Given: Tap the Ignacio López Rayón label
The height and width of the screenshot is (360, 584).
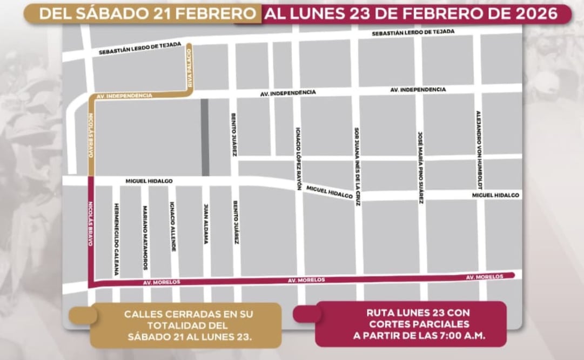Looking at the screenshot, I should click(x=298, y=158).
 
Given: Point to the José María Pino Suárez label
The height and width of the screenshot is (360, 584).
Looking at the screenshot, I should click(x=420, y=167).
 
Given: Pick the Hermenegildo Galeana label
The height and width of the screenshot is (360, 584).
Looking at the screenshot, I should click(x=116, y=239).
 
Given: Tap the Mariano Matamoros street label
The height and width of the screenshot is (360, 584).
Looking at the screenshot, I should click(x=145, y=238).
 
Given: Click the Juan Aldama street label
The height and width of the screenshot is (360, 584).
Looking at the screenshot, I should click(x=206, y=224).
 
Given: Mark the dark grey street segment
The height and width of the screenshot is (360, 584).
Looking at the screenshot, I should click(x=205, y=137).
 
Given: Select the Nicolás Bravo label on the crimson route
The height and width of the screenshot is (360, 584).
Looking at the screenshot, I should click(x=91, y=223).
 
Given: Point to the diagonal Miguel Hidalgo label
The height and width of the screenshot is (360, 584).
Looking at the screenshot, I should click(x=330, y=192).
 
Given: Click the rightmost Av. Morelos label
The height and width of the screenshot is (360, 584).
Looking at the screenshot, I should click(x=484, y=277).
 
